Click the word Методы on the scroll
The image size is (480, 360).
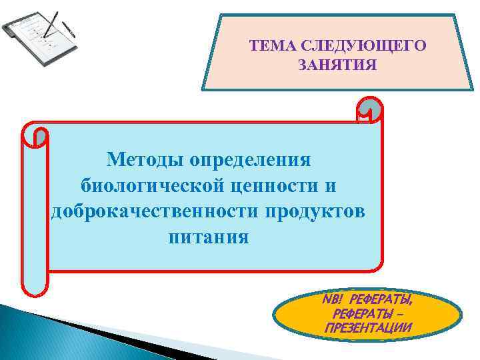pos(145,160)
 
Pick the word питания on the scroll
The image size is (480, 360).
pos(209,237)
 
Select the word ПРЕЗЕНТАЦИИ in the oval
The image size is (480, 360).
pos(368,327)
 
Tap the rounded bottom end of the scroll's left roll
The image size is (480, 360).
pos(35,287)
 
